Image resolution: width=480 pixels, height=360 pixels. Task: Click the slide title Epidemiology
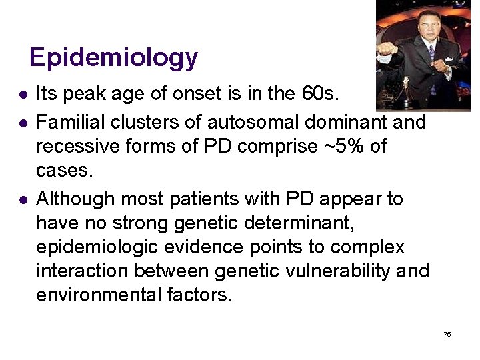click(x=113, y=57)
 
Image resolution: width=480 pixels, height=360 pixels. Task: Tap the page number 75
click(x=447, y=334)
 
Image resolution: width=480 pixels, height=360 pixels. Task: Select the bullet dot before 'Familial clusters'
click(x=23, y=123)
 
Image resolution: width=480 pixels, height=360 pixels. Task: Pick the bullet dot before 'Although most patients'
click(x=23, y=199)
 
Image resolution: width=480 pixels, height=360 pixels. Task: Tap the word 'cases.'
click(x=63, y=171)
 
